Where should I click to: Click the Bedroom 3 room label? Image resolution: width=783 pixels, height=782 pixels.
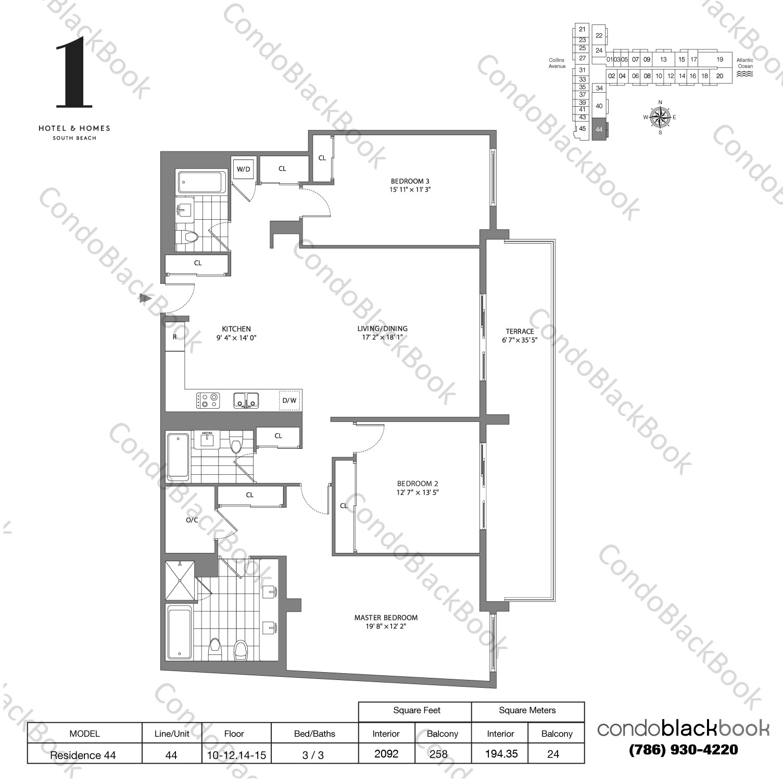click(x=410, y=181)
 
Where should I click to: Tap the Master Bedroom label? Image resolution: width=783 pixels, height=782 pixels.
click(x=386, y=617)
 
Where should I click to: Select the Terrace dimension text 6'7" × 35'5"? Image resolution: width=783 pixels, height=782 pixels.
click(x=519, y=340)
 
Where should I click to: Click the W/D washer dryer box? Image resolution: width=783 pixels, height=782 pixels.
click(x=243, y=169)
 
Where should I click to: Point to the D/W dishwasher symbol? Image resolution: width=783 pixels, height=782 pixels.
click(x=289, y=400)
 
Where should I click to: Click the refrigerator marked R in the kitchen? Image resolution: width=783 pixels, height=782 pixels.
click(x=175, y=337)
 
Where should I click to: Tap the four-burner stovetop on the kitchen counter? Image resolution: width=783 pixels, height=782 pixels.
click(x=208, y=400)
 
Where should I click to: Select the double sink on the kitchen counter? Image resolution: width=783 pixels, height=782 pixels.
click(x=246, y=400)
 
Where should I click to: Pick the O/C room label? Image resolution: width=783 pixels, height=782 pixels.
click(x=192, y=520)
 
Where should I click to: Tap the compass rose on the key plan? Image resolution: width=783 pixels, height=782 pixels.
click(x=660, y=117)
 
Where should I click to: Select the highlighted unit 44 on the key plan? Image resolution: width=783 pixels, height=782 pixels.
click(x=599, y=129)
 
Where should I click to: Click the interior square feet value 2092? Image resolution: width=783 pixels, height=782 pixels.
click(x=386, y=754)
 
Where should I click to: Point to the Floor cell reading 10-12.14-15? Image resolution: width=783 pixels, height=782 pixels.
click(x=234, y=754)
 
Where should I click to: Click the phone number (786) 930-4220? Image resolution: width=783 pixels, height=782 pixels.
click(x=683, y=750)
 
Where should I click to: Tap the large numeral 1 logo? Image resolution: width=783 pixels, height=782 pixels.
click(x=74, y=73)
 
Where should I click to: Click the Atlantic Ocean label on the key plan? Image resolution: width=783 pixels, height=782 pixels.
click(x=744, y=64)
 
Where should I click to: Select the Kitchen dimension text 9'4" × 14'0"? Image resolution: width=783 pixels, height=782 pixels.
click(x=236, y=337)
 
